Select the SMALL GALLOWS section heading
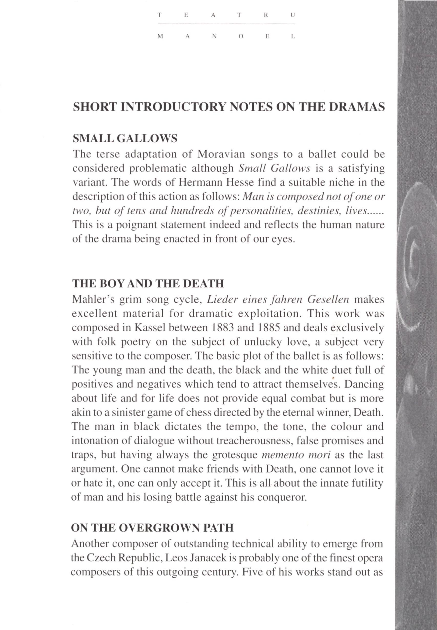pyautogui.click(x=124, y=139)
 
